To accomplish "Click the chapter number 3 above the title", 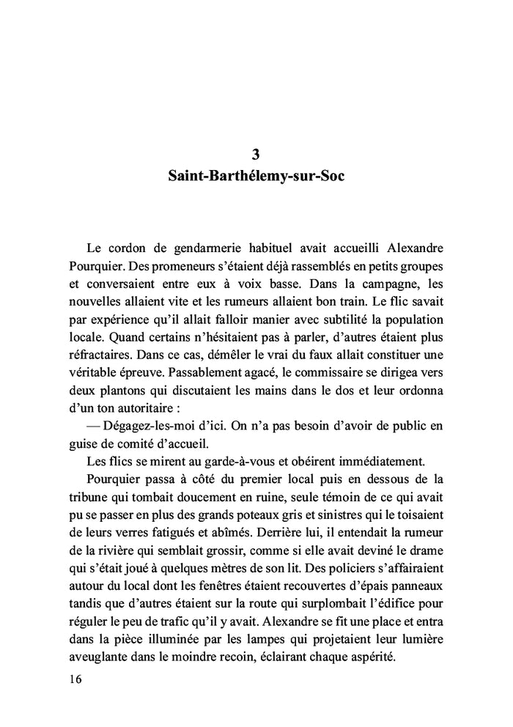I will [x=256, y=154].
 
